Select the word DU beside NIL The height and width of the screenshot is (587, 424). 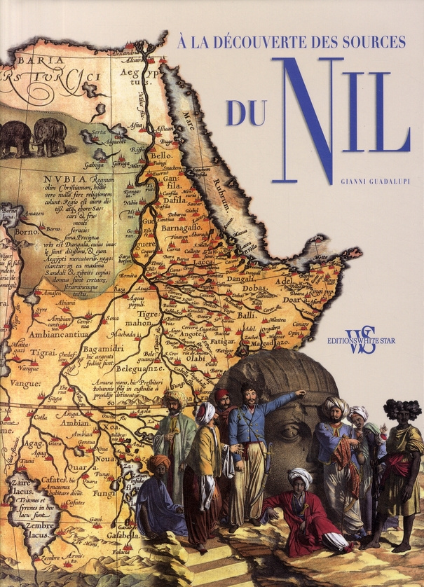pyautogui.click(x=245, y=113)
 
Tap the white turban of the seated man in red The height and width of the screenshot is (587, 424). pyautogui.click(x=300, y=476)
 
